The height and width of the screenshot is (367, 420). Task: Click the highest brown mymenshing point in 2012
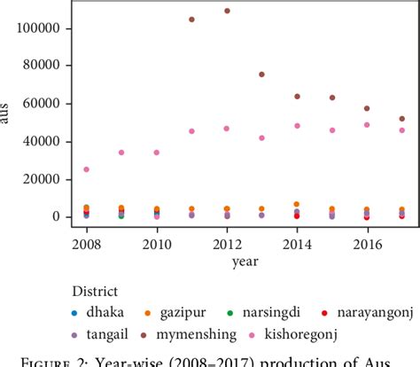click(227, 11)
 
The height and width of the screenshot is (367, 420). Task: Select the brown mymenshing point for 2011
click(192, 19)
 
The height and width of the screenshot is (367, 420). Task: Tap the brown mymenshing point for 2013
click(261, 74)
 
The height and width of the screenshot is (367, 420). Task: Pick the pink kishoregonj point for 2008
click(87, 168)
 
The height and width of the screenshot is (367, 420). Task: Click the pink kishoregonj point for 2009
click(122, 152)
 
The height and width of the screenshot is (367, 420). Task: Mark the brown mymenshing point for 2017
click(401, 119)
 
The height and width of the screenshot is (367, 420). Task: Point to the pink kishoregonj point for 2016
click(367, 125)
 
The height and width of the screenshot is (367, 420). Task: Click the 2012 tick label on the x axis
click(227, 243)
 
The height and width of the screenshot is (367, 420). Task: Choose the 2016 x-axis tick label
click(367, 243)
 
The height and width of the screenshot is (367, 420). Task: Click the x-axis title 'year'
click(245, 261)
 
